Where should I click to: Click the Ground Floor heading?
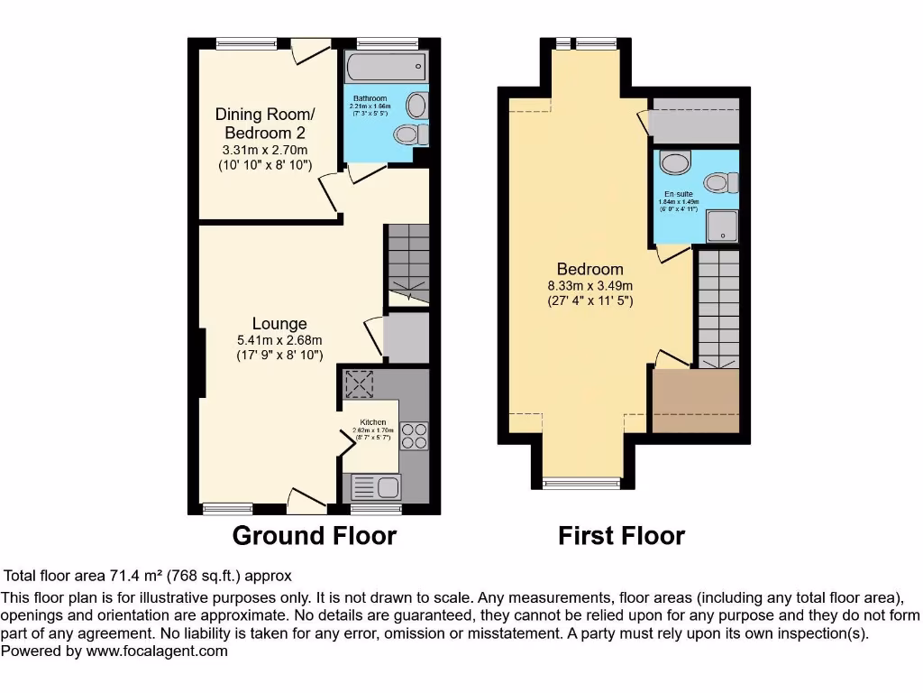314,536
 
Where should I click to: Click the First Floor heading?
621,536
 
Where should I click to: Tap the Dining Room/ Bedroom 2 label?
265,124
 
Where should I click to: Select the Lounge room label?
279,324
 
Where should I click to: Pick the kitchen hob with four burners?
414,436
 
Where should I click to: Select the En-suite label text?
679,194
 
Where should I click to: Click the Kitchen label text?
373,422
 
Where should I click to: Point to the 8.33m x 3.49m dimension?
590,287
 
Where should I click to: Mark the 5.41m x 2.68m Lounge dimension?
279,340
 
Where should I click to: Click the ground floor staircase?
407,262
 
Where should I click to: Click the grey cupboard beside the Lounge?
406,337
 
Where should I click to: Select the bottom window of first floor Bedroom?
580,484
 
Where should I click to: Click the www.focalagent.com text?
157,651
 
